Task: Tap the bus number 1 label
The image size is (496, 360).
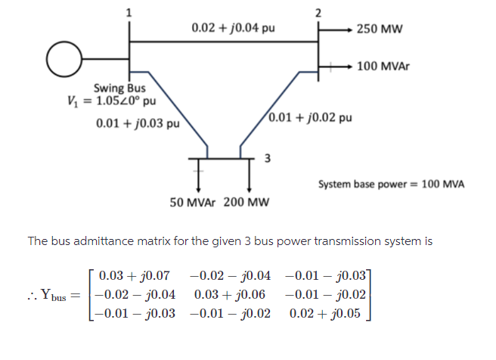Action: click(129, 11)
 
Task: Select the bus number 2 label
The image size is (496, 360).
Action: click(318, 11)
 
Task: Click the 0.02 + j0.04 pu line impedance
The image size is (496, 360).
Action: click(233, 28)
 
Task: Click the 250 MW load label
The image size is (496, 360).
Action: click(380, 29)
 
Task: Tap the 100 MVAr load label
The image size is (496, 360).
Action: click(383, 67)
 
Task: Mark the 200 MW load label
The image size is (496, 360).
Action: click(246, 203)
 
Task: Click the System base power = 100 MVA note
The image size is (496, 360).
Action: click(391, 184)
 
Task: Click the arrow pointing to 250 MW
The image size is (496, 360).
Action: click(340, 29)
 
